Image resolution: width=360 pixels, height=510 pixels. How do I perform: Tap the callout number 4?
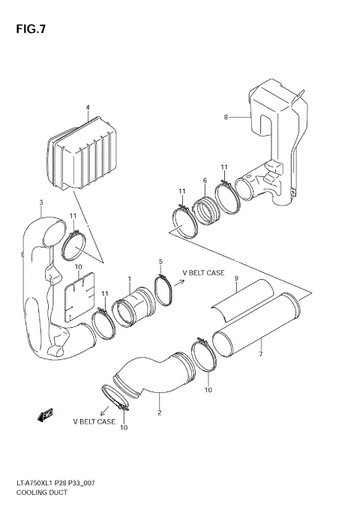pyautogui.click(x=87, y=107)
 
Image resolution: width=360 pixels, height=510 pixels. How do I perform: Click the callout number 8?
pyautogui.click(x=225, y=117)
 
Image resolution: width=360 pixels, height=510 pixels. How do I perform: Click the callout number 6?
pyautogui.click(x=204, y=181)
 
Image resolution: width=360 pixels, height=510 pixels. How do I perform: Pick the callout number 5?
pyautogui.click(x=160, y=261)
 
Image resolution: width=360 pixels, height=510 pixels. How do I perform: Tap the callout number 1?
pyautogui.click(x=129, y=280)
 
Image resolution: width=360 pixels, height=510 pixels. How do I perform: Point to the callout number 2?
pyautogui.click(x=159, y=412)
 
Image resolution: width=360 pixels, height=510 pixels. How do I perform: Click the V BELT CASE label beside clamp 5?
pyautogui.click(x=204, y=273)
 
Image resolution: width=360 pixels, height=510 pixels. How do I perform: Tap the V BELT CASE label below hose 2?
pyautogui.click(x=94, y=421)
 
